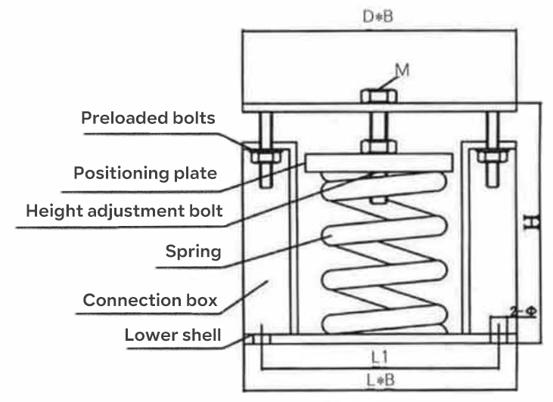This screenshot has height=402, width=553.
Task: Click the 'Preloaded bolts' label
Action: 148,118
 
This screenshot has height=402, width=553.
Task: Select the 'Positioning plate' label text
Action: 145,173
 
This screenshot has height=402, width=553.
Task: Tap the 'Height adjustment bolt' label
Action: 124,211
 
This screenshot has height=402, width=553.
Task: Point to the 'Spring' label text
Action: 193,250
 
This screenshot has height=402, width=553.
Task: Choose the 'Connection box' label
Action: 150,300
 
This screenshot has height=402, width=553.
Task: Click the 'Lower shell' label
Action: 172,334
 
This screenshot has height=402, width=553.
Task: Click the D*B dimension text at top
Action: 376,15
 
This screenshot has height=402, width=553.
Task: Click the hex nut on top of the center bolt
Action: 375,97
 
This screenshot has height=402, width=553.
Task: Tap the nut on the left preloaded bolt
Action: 264,156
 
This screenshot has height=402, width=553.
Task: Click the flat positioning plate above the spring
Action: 378,162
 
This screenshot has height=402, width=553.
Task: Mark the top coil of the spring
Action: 378,184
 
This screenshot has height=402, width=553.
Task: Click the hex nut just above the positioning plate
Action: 375,146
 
